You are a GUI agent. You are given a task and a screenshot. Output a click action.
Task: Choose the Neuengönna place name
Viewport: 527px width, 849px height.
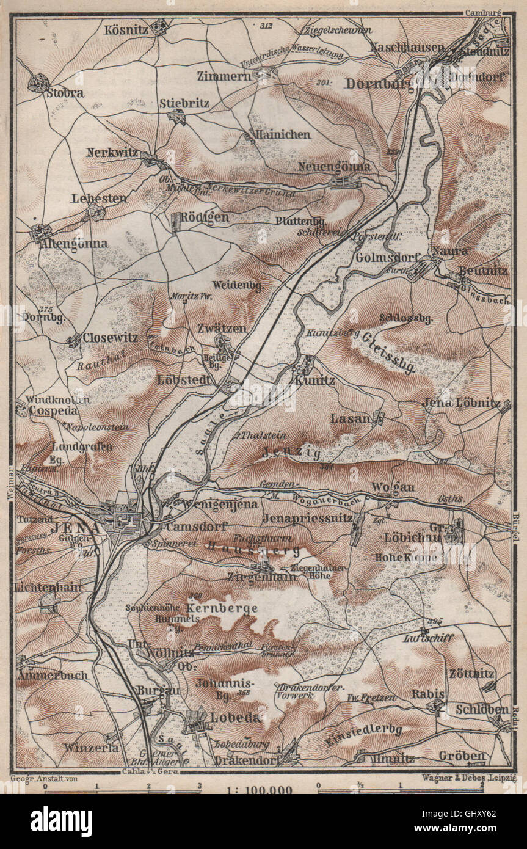tap(334, 166)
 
